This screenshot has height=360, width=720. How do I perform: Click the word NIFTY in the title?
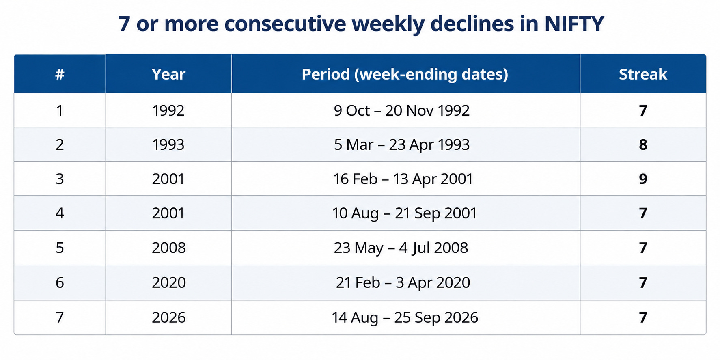point(574,24)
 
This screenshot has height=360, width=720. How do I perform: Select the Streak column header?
point(643,74)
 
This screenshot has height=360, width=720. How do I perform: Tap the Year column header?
point(168,74)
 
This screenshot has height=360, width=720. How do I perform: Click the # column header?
point(60,74)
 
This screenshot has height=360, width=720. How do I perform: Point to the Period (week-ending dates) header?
point(405,75)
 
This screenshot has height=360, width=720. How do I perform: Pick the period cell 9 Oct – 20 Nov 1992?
point(402,110)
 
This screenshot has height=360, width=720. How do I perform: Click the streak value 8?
point(643,144)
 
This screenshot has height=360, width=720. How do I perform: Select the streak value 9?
point(643,179)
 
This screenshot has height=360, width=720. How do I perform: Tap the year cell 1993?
point(168,144)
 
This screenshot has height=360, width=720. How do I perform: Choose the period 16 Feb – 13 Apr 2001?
point(403,179)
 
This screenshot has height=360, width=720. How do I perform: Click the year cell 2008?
point(169,248)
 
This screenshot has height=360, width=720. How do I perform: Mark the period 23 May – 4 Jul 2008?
point(401,248)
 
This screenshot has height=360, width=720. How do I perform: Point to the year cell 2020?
point(169,282)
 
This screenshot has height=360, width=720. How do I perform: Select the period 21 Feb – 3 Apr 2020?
point(403,283)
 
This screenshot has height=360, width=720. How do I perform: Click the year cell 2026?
point(169,317)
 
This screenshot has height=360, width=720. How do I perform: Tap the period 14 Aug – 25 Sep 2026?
point(405,317)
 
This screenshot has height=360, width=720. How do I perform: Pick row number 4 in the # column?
point(60,213)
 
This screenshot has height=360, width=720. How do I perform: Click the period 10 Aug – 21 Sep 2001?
point(405,213)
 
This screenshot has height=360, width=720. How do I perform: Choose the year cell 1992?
point(168,110)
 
